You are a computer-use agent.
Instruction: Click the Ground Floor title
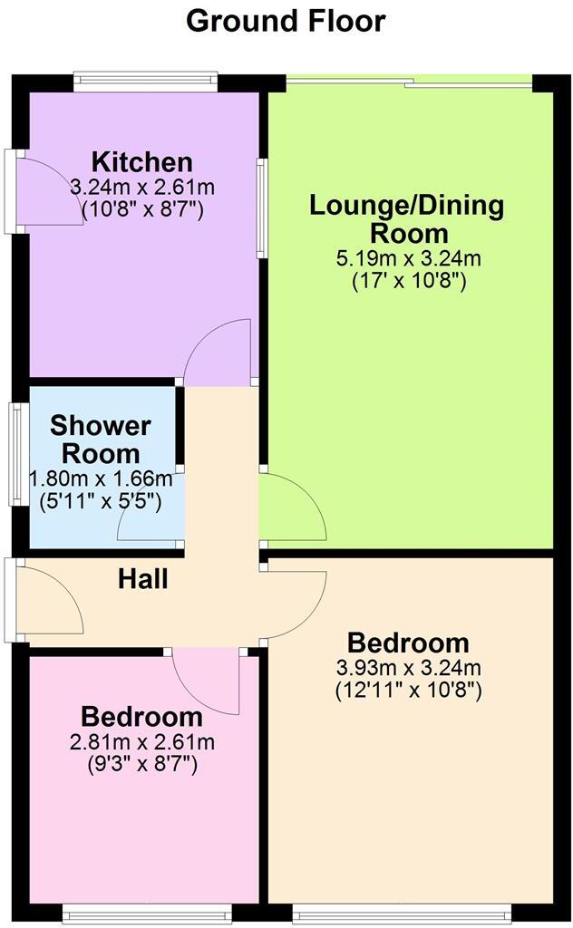coord(286,20)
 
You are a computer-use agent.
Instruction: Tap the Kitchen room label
coord(142,162)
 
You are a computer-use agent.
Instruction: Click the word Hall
coord(143,578)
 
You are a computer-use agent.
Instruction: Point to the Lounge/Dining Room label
coord(407,217)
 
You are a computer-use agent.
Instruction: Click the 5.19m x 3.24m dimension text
coord(408,259)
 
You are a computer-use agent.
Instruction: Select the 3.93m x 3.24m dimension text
coord(408,669)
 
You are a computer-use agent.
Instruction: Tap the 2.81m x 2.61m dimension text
coord(141,743)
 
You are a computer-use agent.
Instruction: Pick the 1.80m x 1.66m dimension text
coord(100,478)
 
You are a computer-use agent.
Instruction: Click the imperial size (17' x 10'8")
coord(408,281)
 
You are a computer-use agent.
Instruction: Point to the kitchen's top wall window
coord(147,82)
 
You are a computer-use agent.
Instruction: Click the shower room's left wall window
coord(16,453)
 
